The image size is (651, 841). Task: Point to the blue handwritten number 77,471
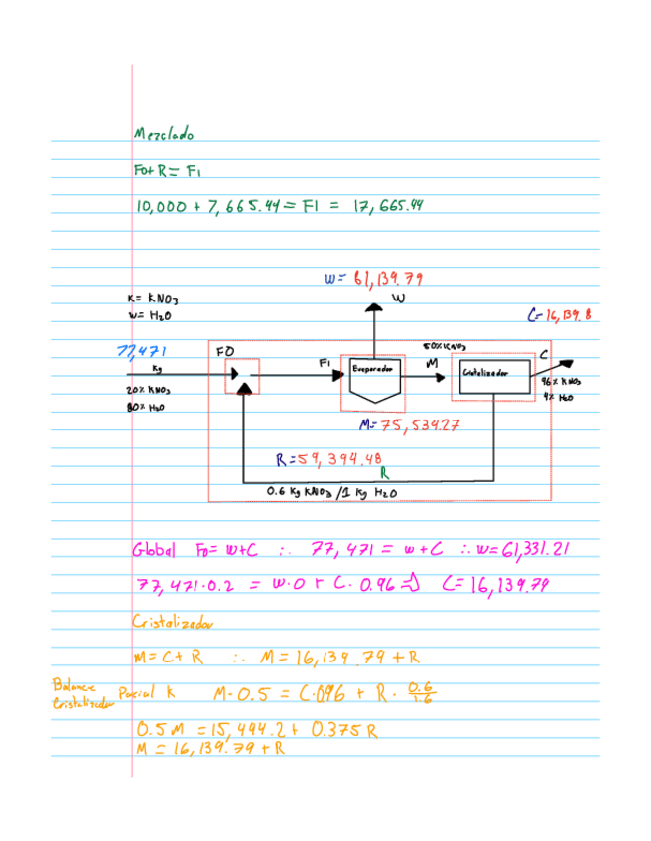coord(142,350)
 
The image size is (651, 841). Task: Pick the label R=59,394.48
coord(328,459)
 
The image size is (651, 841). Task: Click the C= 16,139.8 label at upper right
coord(559,316)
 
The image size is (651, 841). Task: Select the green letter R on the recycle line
coord(382,471)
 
